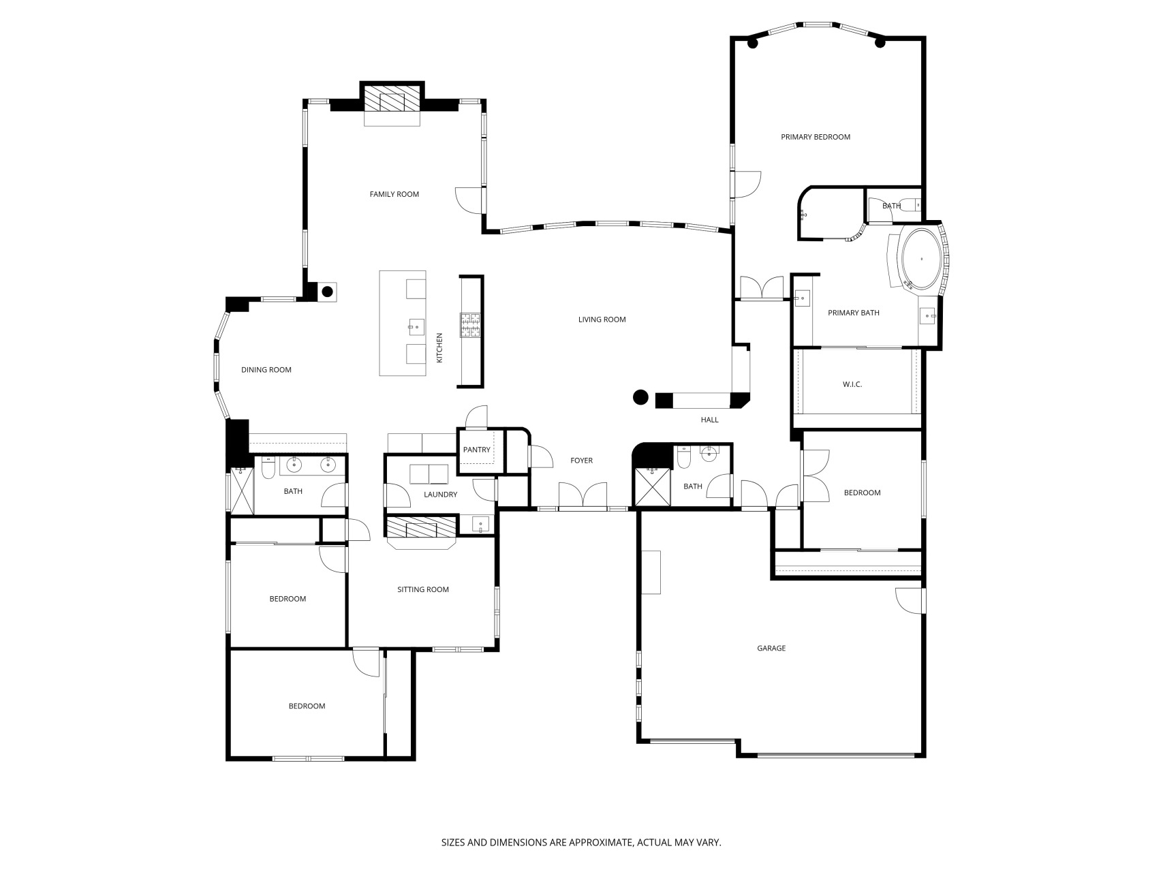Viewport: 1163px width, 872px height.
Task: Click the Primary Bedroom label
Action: [x=816, y=137]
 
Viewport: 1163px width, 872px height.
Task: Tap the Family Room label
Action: [x=394, y=194]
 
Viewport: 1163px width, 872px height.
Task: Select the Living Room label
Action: [x=602, y=320]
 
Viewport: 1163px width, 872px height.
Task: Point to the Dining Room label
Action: [x=266, y=370]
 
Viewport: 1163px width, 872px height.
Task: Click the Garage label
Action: [x=771, y=648]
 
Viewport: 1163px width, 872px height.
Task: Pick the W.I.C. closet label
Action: [x=852, y=384]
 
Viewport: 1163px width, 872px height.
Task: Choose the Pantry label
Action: [x=476, y=450]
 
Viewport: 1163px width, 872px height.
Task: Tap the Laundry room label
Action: [x=440, y=494]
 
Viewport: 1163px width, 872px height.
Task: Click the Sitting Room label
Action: [x=423, y=589]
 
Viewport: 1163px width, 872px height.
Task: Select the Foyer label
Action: [x=581, y=461]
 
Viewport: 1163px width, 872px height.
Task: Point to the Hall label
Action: [x=709, y=420]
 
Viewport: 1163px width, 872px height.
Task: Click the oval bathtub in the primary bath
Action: [x=922, y=259]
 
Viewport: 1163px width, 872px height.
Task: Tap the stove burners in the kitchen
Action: [x=470, y=325]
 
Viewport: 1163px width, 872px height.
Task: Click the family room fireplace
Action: [x=392, y=99]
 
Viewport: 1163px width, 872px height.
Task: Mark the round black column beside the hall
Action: [x=640, y=397]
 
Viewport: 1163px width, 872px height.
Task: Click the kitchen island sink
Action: [x=416, y=327]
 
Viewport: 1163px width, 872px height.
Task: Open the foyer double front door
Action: [x=583, y=495]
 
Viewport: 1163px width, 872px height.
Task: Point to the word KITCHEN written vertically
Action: [x=439, y=347]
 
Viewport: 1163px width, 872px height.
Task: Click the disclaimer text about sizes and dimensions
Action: [x=581, y=843]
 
